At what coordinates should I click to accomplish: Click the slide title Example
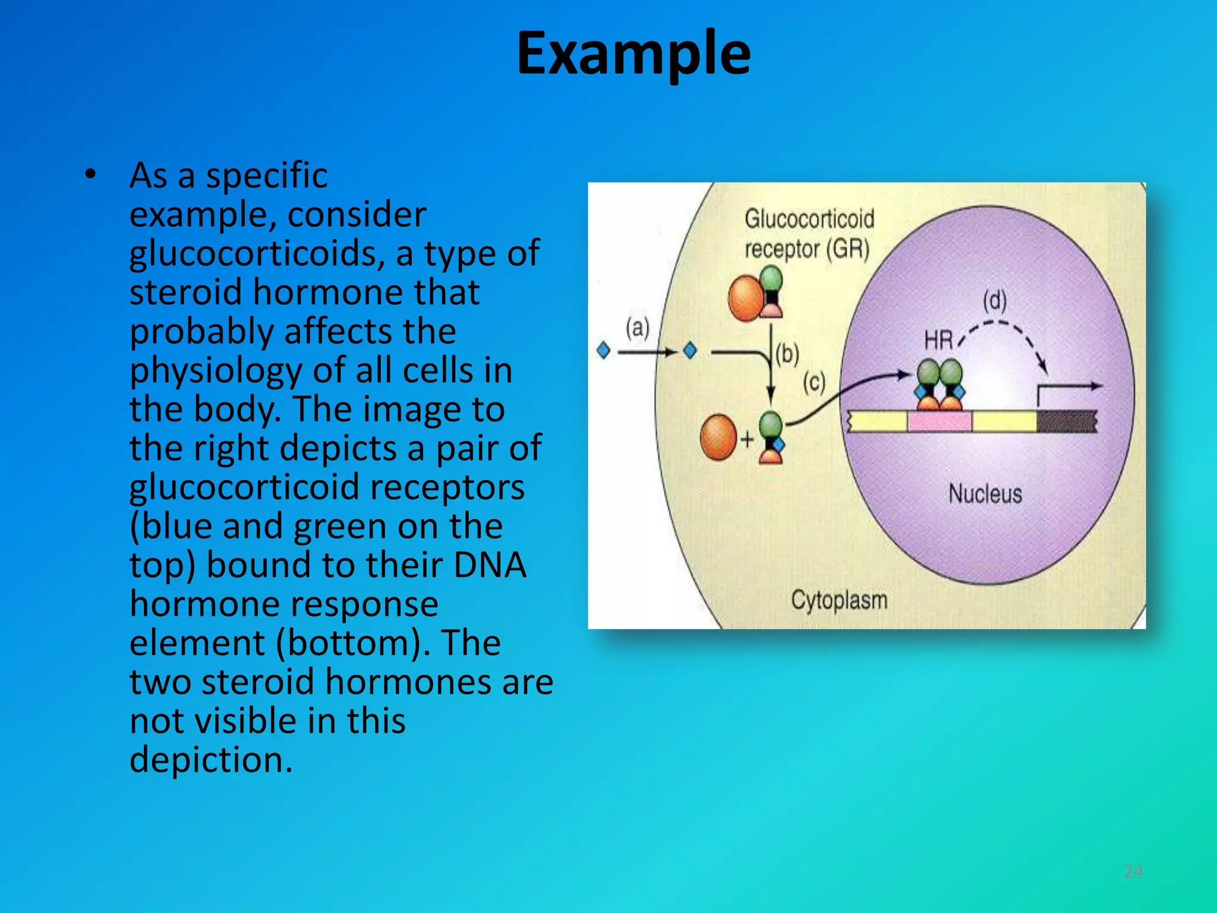click(x=633, y=55)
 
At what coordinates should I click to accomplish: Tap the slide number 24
click(x=1133, y=871)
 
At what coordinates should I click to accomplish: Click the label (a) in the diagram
click(x=637, y=328)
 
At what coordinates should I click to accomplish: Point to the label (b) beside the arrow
click(x=787, y=354)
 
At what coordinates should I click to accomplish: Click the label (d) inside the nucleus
click(x=995, y=300)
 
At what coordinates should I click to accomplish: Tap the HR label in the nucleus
click(x=938, y=341)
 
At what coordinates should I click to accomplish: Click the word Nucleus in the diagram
click(x=985, y=494)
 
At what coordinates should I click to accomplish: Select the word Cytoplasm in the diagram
click(x=838, y=600)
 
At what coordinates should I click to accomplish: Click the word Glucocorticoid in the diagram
click(x=809, y=219)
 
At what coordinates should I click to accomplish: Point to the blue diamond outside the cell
click(x=603, y=351)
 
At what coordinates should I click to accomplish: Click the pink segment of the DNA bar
click(x=939, y=421)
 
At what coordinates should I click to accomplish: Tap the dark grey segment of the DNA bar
click(x=1067, y=421)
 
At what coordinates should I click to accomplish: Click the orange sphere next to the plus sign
click(x=718, y=437)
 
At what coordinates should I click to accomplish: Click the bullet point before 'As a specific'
click(x=90, y=175)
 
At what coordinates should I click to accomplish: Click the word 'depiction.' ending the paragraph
click(x=211, y=760)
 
